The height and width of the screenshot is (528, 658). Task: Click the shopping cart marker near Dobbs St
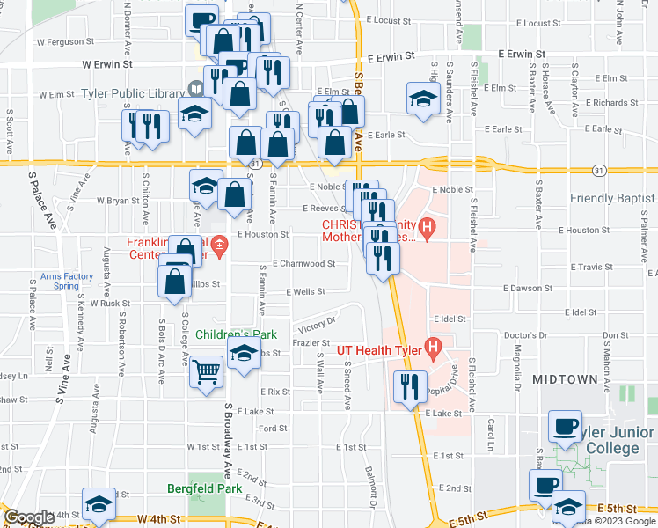207,370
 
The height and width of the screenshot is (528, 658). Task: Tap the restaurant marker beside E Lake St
409,387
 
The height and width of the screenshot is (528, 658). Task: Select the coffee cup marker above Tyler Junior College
565,427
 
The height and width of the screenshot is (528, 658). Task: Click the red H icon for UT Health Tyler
433,349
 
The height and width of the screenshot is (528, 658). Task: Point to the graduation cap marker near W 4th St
98,504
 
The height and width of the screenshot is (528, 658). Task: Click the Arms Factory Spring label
67,281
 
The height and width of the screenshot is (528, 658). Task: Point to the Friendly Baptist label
613,198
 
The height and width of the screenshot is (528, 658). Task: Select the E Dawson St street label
528,288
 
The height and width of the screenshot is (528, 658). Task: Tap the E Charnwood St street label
303,263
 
